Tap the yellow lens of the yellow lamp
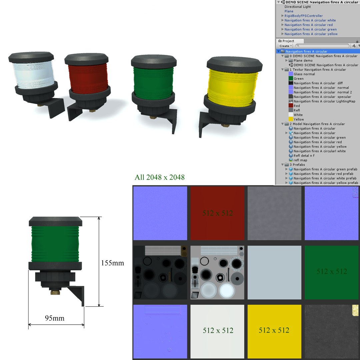click(x=232, y=86)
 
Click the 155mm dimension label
click(x=112, y=263)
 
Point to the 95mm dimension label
click(x=55, y=318)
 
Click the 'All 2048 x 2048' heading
click(x=159, y=177)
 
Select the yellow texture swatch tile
click(x=274, y=331)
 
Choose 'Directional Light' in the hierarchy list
click(x=297, y=7)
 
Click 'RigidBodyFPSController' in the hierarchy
click(x=303, y=16)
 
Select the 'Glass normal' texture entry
click(x=304, y=74)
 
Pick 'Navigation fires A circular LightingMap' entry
click(x=324, y=101)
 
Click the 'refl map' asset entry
click(x=300, y=160)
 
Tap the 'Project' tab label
click(x=288, y=41)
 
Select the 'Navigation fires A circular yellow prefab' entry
click(x=325, y=183)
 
